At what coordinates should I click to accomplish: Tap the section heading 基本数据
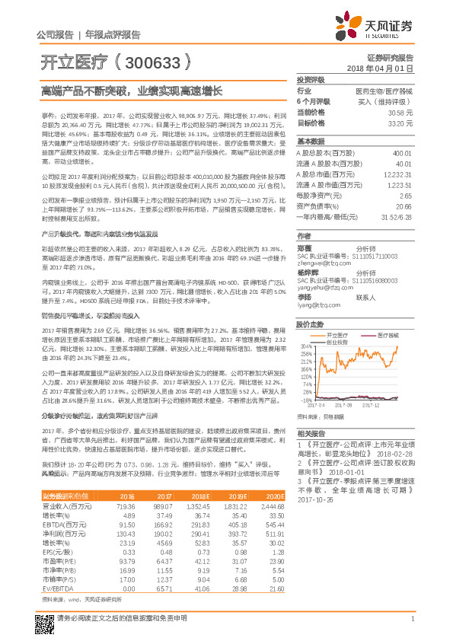point(310,142)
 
